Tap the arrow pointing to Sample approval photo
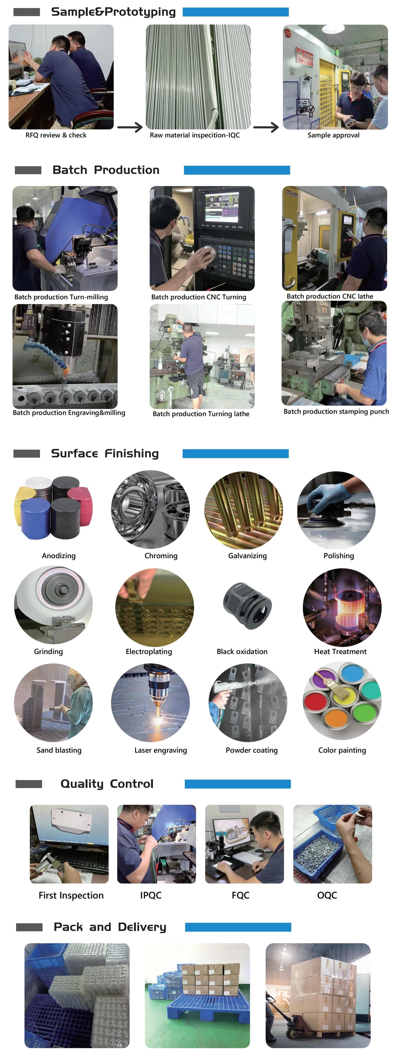point(266,127)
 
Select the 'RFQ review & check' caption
point(56,135)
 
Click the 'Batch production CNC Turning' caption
point(199,297)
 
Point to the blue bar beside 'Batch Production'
point(237,170)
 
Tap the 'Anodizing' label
point(59,556)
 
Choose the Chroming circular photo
point(150,509)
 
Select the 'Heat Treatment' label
point(340,651)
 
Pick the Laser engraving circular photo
point(150,703)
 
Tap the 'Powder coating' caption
point(251,750)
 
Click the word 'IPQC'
point(151,895)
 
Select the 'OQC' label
point(327,895)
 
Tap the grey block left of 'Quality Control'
point(29,784)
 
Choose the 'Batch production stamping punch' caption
point(336,412)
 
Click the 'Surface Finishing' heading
point(105,453)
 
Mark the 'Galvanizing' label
point(247,556)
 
